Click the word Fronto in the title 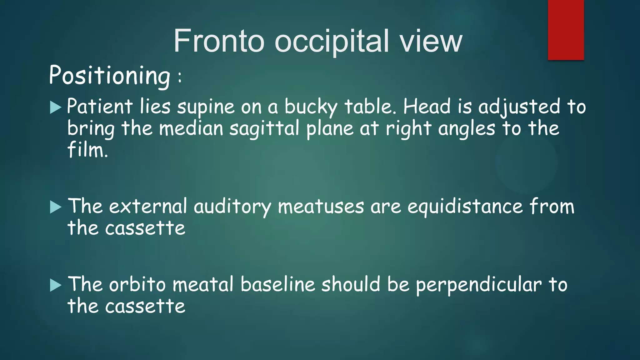point(219,41)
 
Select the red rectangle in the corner point(566,30)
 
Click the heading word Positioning point(110,76)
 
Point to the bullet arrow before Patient point(56,107)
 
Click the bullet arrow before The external point(56,207)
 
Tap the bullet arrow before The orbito point(56,285)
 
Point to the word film point(87,150)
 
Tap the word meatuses point(321,207)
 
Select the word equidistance point(465,207)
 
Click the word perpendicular point(479,285)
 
